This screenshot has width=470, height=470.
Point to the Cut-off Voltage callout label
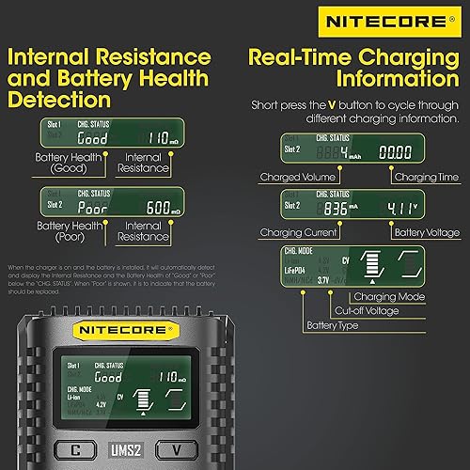[369, 310]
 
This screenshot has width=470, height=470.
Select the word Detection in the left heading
[59, 99]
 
